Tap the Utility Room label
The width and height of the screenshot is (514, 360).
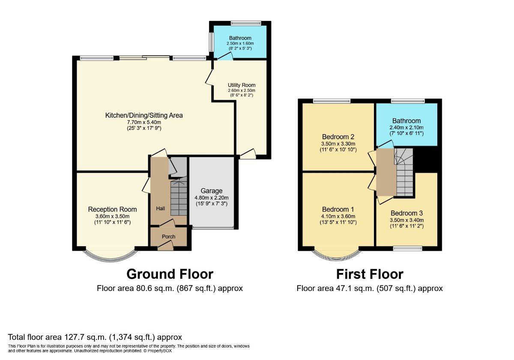[x=241, y=85]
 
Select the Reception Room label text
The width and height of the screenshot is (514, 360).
[x=112, y=209]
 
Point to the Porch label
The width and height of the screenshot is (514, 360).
[x=168, y=237]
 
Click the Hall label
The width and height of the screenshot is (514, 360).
[x=161, y=208]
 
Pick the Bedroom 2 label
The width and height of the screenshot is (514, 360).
[x=338, y=137]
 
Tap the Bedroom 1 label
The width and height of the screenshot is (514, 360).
[x=338, y=209]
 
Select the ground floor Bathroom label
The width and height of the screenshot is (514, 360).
[x=240, y=38]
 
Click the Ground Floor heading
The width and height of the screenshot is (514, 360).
[x=170, y=274]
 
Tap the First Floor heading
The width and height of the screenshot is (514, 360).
[x=369, y=274]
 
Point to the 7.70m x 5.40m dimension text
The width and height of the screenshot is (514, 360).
[x=144, y=122]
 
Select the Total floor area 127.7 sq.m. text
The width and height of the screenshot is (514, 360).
[x=95, y=337]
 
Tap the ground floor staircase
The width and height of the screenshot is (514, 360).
[x=179, y=198]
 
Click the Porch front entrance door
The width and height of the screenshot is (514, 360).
[x=165, y=246]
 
